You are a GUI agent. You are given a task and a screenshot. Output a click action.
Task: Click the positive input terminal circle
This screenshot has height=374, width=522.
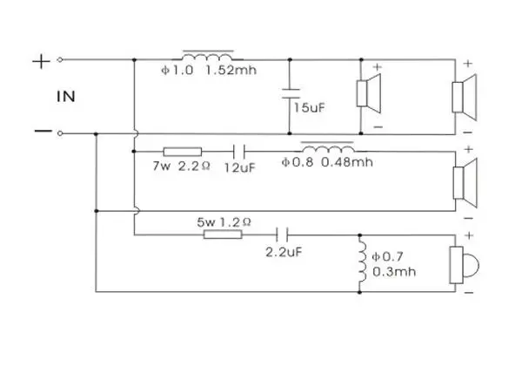[x=60, y=60]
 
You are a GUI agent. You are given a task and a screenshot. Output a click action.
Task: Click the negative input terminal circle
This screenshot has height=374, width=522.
[x=60, y=133]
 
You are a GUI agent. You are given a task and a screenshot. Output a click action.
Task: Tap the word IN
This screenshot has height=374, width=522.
[x=66, y=97]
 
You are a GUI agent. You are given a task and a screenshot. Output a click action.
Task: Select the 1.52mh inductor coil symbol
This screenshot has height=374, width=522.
[x=208, y=56]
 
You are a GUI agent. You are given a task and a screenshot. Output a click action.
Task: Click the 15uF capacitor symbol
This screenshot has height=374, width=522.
[x=290, y=94]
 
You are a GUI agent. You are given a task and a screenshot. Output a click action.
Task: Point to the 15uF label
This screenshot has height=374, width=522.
[x=309, y=108]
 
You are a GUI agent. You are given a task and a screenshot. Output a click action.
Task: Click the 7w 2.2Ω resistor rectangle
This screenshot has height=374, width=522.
[x=183, y=152]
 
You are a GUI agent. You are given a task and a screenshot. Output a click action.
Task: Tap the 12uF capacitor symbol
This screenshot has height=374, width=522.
[x=239, y=152]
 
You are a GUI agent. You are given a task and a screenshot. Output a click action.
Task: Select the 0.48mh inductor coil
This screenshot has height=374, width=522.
[x=327, y=146]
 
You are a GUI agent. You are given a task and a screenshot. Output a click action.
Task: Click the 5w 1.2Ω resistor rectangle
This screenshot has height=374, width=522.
[x=223, y=235]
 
